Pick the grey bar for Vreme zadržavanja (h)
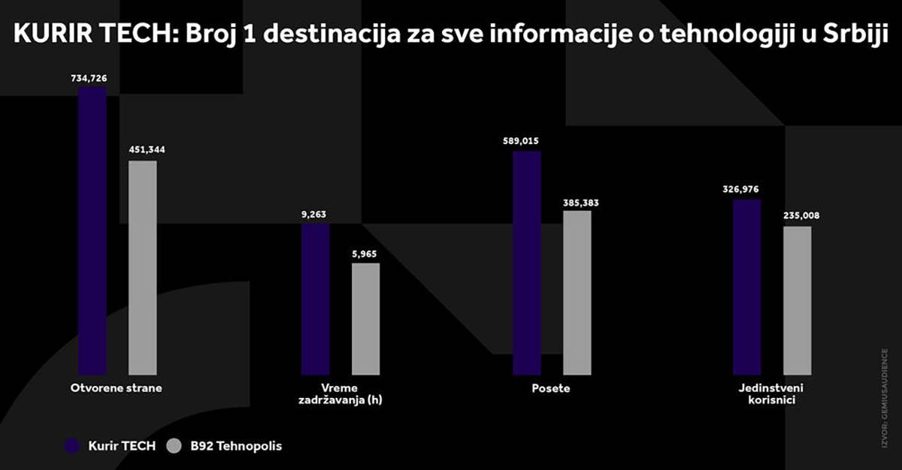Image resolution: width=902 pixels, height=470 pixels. pyautogui.click(x=365, y=318)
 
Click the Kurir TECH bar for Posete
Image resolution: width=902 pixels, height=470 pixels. pyautogui.click(x=527, y=263)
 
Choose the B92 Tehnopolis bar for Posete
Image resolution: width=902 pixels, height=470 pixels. pyautogui.click(x=577, y=292)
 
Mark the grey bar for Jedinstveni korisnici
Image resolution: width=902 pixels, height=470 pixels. pyautogui.click(x=798, y=300)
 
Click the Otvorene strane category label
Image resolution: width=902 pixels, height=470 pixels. pyautogui.click(x=117, y=388)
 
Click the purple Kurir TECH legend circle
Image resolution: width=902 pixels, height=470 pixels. pyautogui.click(x=72, y=446)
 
